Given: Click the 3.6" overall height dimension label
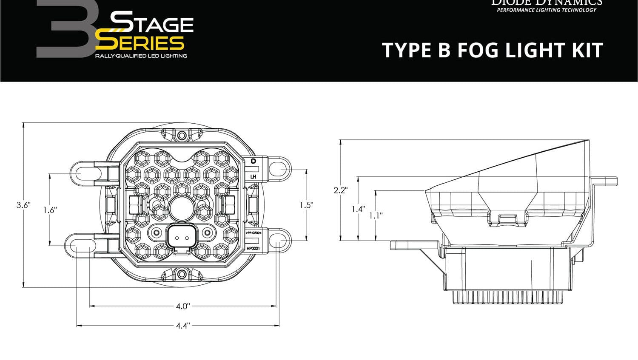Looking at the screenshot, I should pyautogui.click(x=23, y=205).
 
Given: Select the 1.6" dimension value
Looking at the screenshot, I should pyautogui.click(x=50, y=210).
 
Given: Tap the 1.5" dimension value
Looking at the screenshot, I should pyautogui.click(x=306, y=205).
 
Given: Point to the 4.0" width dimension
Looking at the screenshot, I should pyautogui.click(x=183, y=306).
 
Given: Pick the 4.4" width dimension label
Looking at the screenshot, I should pyautogui.click(x=183, y=326).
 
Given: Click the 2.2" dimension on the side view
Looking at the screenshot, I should pyautogui.click(x=340, y=190).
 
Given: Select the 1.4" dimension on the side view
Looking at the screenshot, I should pyautogui.click(x=358, y=209).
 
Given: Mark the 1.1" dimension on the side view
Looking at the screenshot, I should pyautogui.click(x=376, y=215).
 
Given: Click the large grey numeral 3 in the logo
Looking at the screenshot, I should pyautogui.click(x=64, y=30).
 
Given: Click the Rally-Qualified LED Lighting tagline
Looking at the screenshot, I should pyautogui.click(x=141, y=56).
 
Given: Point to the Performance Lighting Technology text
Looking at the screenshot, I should pyautogui.click(x=547, y=10).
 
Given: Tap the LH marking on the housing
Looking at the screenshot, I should pyautogui.click(x=253, y=176).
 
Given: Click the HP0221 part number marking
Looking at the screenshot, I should pyautogui.click(x=253, y=248).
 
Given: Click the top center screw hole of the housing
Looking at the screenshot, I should pyautogui.click(x=182, y=136).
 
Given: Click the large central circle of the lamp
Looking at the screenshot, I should pyautogui.click(x=182, y=209).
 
